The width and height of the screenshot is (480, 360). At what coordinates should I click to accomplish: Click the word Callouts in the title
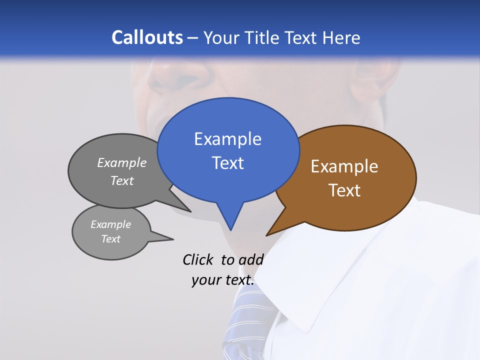click(147, 37)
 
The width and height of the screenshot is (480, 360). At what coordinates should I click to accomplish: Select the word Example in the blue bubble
click(227, 139)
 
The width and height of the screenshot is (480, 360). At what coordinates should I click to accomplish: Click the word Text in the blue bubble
click(227, 163)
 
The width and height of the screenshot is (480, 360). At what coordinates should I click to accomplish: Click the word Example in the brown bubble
click(344, 166)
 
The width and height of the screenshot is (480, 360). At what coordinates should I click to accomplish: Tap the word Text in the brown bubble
click(344, 190)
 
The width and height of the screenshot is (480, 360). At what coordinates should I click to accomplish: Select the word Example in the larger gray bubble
click(122, 162)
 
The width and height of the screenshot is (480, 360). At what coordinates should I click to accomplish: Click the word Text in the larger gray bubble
click(122, 180)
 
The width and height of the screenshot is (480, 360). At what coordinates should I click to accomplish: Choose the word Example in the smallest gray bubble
click(110, 224)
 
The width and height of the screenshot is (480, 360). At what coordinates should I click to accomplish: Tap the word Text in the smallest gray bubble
click(110, 239)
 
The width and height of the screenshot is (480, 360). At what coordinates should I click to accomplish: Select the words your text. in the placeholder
click(223, 280)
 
